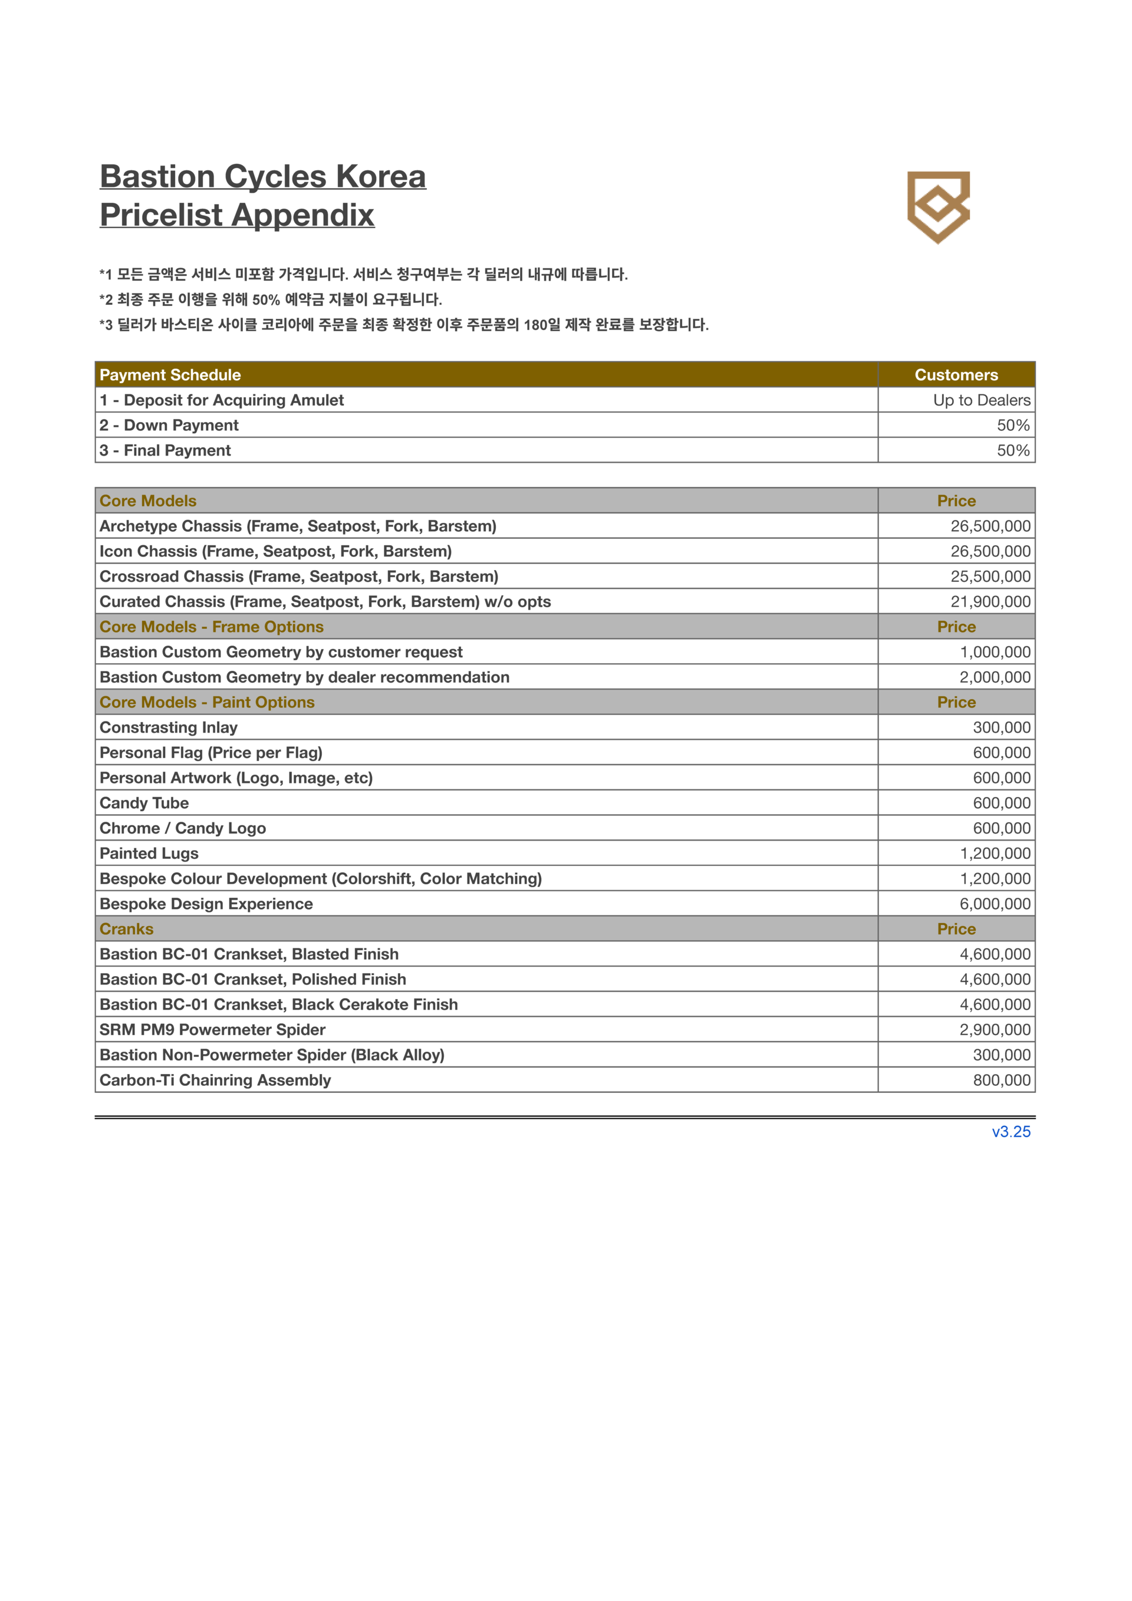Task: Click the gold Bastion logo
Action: (x=938, y=207)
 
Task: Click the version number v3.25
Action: (x=1011, y=1132)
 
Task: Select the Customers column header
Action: (x=956, y=375)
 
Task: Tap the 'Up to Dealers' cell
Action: (x=981, y=400)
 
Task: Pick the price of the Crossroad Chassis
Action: (x=990, y=577)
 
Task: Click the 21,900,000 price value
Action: (x=990, y=602)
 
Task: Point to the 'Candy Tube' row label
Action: (x=144, y=803)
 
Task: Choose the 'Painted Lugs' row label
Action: (x=149, y=854)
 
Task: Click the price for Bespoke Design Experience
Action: (x=995, y=904)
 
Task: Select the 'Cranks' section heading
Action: (x=126, y=929)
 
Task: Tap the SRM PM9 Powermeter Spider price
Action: (x=995, y=1030)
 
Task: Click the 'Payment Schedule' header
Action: (x=170, y=375)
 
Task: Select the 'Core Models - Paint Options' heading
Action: (x=207, y=702)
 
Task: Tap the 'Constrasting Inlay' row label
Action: (x=169, y=728)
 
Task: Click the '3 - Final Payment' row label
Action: (x=165, y=450)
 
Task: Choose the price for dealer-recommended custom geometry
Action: (x=995, y=677)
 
